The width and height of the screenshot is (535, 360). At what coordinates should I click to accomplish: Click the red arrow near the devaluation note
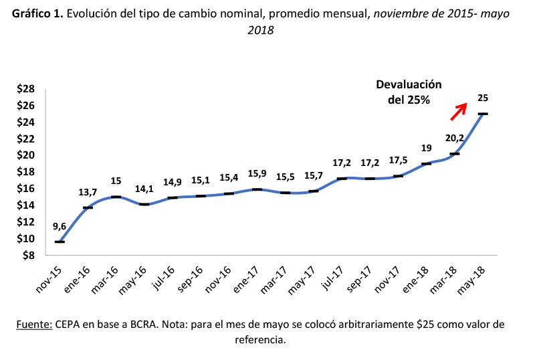click(457, 112)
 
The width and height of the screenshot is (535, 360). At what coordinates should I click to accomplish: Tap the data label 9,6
click(60, 226)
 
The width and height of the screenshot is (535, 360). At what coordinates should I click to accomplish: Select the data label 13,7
click(86, 192)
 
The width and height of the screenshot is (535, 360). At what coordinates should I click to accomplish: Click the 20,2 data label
click(454, 139)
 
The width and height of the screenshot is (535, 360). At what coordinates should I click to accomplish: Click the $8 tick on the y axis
click(28, 255)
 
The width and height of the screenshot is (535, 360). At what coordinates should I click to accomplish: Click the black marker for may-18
click(482, 114)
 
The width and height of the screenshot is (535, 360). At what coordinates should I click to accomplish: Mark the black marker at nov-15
click(60, 242)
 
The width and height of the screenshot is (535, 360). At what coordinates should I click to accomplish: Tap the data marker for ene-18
click(426, 163)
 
